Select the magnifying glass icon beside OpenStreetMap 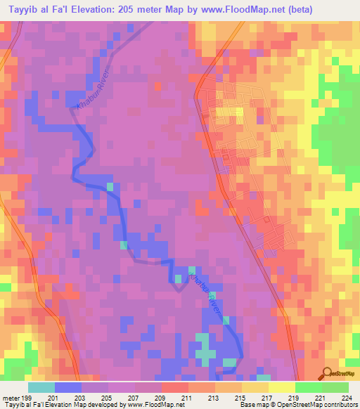pos(328,372)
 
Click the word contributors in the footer pos(338,405)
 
